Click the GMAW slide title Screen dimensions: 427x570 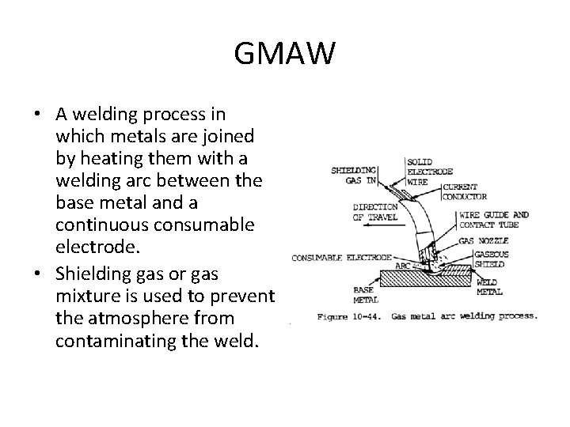285,55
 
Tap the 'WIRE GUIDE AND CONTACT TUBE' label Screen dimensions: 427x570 509,219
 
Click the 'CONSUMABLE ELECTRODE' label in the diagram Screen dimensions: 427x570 341,256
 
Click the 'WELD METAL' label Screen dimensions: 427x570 489,286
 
